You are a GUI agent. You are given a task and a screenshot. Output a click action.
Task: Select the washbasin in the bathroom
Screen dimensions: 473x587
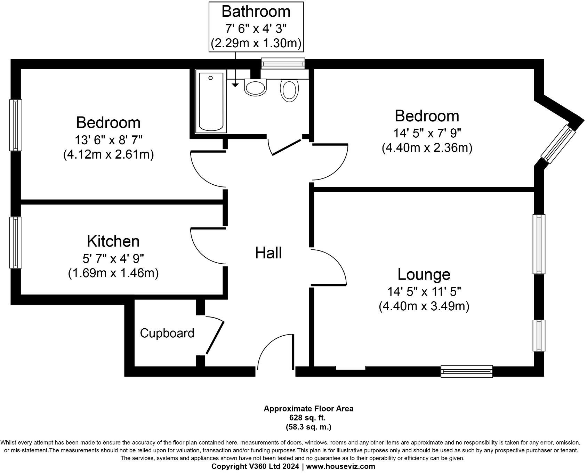256,87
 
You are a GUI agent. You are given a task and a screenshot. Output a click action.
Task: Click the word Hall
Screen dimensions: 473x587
268,253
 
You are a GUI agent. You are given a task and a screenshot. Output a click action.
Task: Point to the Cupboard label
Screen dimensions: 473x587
167,333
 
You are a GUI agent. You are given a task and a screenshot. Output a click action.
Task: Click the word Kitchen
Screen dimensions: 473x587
113,241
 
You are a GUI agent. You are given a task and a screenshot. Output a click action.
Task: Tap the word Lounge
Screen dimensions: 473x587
424,274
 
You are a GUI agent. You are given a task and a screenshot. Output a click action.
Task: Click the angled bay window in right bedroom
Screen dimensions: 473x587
558,145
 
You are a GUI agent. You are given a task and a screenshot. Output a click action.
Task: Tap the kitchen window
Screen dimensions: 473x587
16,242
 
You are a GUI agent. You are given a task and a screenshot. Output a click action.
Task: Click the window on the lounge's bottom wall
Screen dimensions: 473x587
467,371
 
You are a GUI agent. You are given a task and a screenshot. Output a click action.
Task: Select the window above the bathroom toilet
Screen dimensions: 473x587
283,63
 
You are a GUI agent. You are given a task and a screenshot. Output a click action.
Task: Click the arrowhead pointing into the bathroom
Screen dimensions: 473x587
235,85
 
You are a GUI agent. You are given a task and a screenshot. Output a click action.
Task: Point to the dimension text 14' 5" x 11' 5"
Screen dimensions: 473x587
424,291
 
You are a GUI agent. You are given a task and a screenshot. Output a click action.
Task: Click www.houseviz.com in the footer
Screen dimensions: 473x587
340,466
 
